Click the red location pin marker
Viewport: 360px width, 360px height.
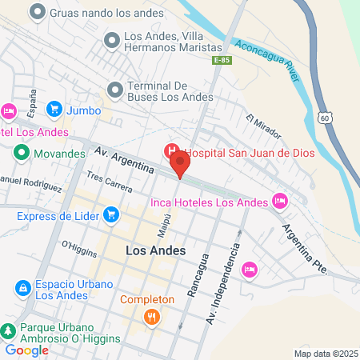[181, 166]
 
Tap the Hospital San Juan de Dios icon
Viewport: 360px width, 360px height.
[170, 151]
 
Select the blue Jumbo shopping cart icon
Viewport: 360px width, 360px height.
[54, 109]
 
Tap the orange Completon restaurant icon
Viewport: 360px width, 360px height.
[150, 318]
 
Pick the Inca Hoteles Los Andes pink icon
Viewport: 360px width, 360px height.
[279, 201]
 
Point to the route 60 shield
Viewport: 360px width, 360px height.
[323, 118]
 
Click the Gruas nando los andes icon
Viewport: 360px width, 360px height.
[36, 13]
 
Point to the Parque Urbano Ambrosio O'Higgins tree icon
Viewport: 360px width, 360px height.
[8, 331]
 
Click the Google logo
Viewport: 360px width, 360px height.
[27, 350]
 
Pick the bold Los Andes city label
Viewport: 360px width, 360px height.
[156, 250]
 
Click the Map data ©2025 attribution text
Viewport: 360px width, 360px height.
[324, 354]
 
